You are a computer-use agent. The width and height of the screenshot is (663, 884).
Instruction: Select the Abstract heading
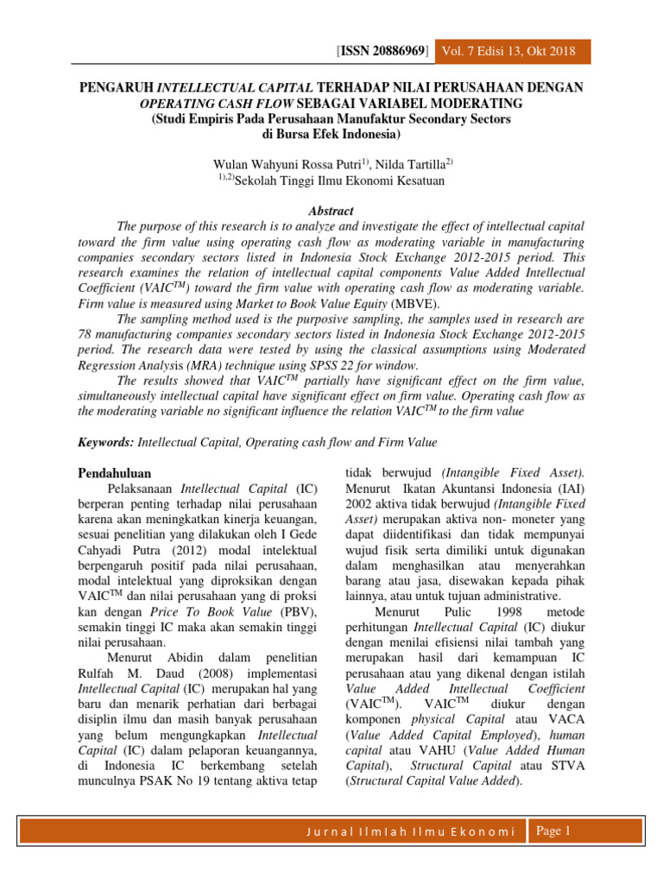point(331,210)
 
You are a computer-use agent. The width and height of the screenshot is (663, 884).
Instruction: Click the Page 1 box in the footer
point(554,831)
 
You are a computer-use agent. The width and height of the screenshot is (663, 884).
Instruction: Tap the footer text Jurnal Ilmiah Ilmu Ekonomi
point(410,832)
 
